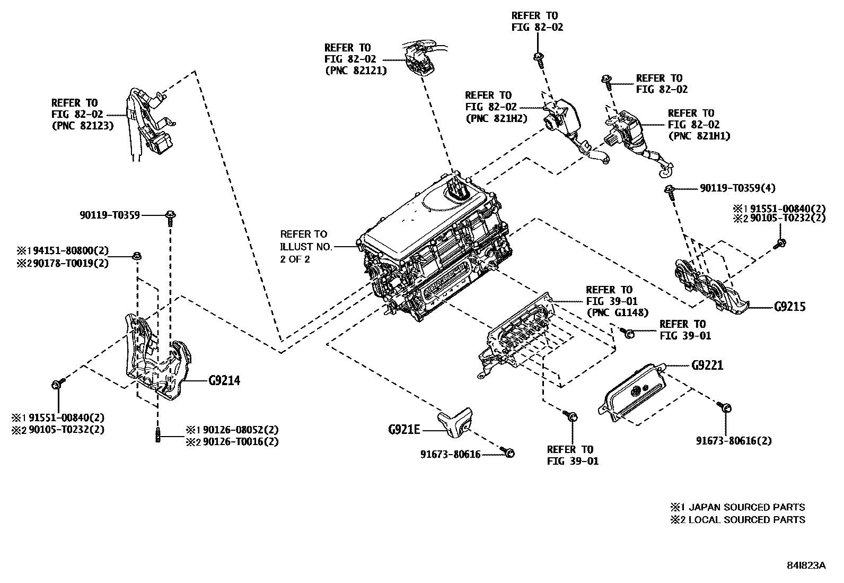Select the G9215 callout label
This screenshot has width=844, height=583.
point(789,307)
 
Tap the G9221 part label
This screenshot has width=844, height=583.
point(707,366)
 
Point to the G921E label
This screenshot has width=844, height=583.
point(404,429)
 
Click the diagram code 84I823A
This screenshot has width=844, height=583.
point(805,565)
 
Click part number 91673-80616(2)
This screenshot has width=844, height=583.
point(734,440)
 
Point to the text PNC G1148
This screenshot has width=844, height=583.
point(617,312)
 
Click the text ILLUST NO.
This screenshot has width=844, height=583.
point(306,246)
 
